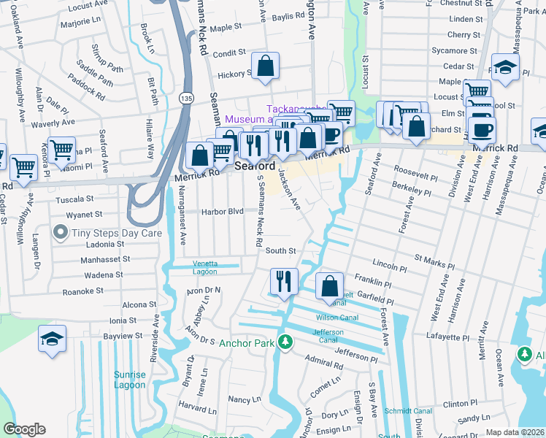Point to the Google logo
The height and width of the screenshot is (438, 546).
point(24,429)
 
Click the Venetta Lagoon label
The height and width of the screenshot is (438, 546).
point(204,267)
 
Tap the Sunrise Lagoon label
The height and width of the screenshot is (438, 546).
point(129,380)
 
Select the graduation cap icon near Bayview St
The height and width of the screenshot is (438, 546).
point(53,339)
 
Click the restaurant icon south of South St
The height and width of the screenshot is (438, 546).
point(284,281)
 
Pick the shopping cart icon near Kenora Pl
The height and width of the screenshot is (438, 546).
point(62,150)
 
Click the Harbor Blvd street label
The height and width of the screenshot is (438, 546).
point(223,212)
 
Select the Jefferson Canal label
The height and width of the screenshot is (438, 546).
point(328,335)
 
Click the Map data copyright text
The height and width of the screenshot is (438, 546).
point(515,432)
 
